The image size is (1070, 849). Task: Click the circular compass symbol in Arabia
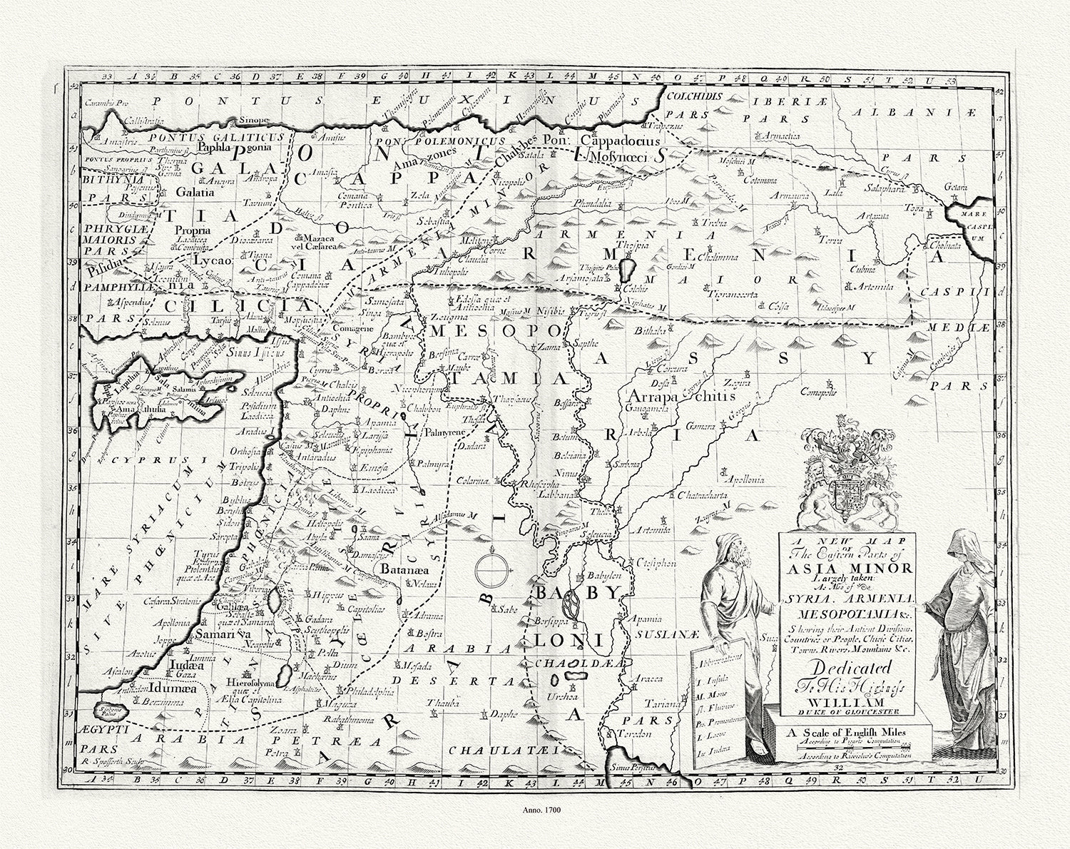[493, 569]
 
